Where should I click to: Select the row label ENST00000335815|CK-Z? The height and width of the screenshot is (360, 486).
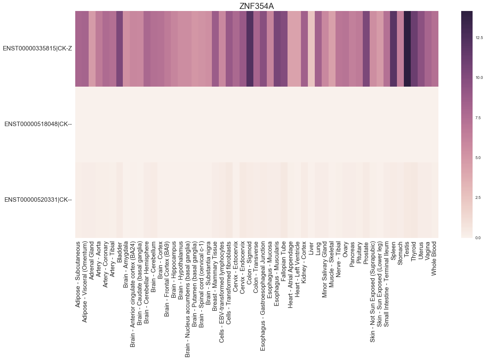(x=37, y=48)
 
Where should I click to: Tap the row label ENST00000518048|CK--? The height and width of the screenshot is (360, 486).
(x=38, y=124)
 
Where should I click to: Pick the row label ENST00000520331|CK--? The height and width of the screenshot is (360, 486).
(x=38, y=200)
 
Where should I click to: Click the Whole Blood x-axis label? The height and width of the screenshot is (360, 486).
(x=434, y=258)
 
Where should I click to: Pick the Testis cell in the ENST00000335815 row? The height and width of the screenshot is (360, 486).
(x=407, y=48)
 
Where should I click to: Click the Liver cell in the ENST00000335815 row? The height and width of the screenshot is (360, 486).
(x=311, y=48)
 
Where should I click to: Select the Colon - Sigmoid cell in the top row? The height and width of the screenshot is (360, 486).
(x=249, y=48)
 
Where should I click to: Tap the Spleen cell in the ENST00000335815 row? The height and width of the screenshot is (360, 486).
(x=393, y=48)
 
